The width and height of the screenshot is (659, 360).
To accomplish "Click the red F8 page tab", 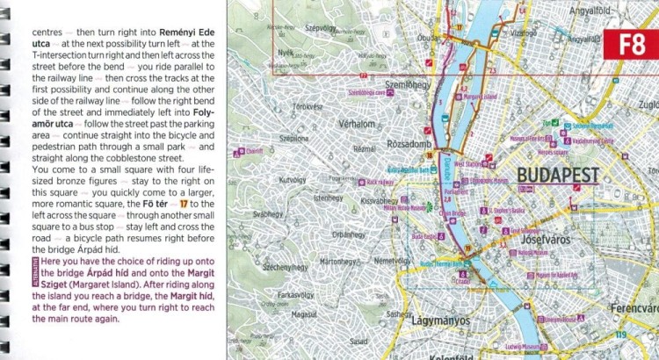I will tap(632, 46).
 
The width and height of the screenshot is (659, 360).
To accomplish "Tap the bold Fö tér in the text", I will tap(142, 203).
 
